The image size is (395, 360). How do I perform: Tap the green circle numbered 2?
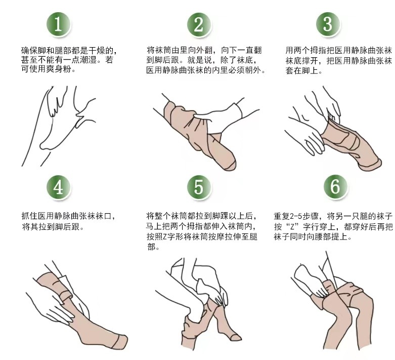pyautogui.click(x=198, y=25)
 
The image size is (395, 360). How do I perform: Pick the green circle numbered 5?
pyautogui.click(x=198, y=187)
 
